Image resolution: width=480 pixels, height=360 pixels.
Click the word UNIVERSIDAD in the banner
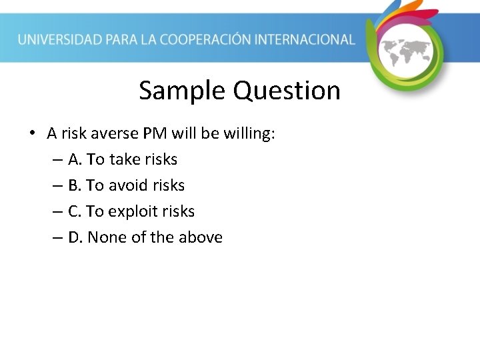pos(60,39)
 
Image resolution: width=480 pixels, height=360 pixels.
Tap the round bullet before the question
pos(32,134)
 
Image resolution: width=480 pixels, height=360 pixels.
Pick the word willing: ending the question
pos(249,134)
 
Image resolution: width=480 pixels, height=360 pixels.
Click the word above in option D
pos(201,237)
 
